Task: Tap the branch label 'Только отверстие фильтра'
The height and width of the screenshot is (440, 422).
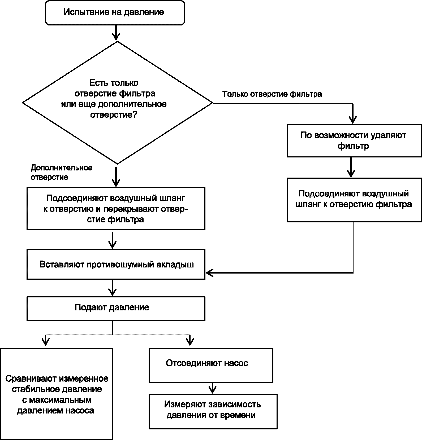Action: (x=272, y=94)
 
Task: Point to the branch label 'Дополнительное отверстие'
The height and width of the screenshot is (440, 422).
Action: (x=62, y=172)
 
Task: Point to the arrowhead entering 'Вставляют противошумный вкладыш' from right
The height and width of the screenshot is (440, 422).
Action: (x=209, y=272)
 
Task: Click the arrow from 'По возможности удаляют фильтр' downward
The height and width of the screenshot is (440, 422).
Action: (x=351, y=167)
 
